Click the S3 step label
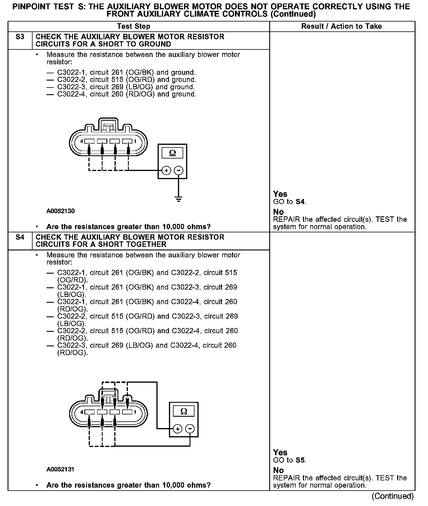click(x=20, y=37)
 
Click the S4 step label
click(x=20, y=237)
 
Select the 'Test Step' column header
click(x=133, y=26)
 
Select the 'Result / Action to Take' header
click(x=341, y=26)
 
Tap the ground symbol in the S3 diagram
click(x=179, y=199)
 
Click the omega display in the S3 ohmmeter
click(x=172, y=153)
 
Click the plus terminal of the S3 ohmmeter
click(x=166, y=171)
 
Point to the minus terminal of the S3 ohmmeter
click(x=179, y=171)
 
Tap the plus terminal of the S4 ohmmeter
click(x=178, y=429)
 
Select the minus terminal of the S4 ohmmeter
click(x=190, y=429)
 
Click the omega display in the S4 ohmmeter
click(x=184, y=411)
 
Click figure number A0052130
click(x=60, y=211)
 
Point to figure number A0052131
click(x=60, y=469)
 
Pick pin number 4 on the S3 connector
click(x=82, y=141)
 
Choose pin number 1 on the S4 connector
click(x=135, y=412)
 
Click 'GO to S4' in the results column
click(x=289, y=202)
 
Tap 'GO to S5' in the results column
click(x=289, y=460)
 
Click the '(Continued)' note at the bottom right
click(x=392, y=496)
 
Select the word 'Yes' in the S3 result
click(x=280, y=194)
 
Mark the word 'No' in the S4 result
click(x=278, y=470)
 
